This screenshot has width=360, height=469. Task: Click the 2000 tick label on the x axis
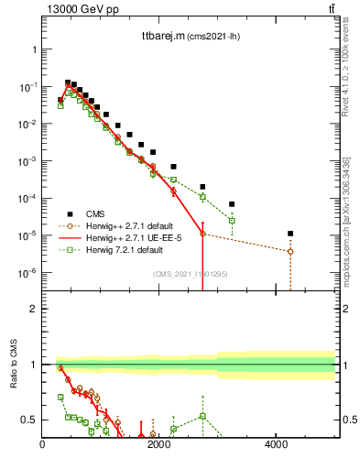tap(159, 446)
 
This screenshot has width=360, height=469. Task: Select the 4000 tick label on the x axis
tap(277, 446)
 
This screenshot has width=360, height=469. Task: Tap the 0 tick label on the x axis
tap(43, 446)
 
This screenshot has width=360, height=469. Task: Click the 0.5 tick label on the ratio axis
tap(29, 420)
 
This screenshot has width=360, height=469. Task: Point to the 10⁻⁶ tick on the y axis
tap(28, 273)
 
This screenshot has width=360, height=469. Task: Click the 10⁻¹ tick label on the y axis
tap(28, 86)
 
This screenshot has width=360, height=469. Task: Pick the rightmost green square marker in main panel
tap(232, 221)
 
